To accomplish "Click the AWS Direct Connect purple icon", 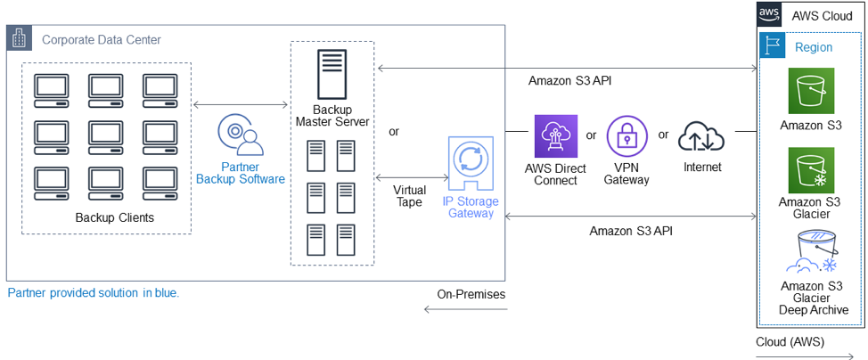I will [556, 136].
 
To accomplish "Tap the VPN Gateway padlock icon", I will [627, 136].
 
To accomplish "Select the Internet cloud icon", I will [701, 136].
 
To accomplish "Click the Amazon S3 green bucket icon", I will [810, 90].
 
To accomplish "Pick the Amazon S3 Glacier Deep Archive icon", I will [810, 252].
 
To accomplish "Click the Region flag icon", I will [773, 46].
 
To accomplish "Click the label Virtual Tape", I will [409, 196].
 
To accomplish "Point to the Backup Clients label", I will [115, 217].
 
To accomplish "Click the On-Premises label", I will [471, 294].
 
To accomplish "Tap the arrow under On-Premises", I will [464, 309].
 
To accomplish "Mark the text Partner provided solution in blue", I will [94, 292].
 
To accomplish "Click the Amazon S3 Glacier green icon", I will [810, 170].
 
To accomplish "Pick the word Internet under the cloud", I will [702, 167].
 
